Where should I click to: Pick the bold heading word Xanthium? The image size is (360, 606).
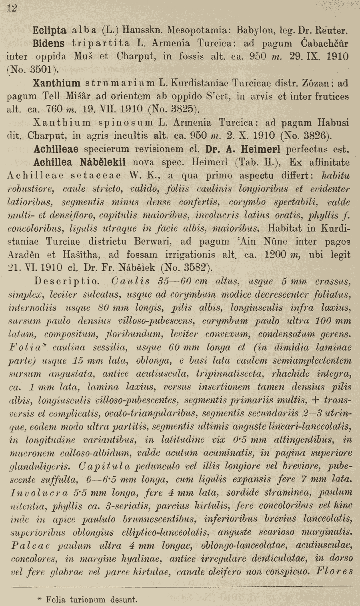pos(57,83)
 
